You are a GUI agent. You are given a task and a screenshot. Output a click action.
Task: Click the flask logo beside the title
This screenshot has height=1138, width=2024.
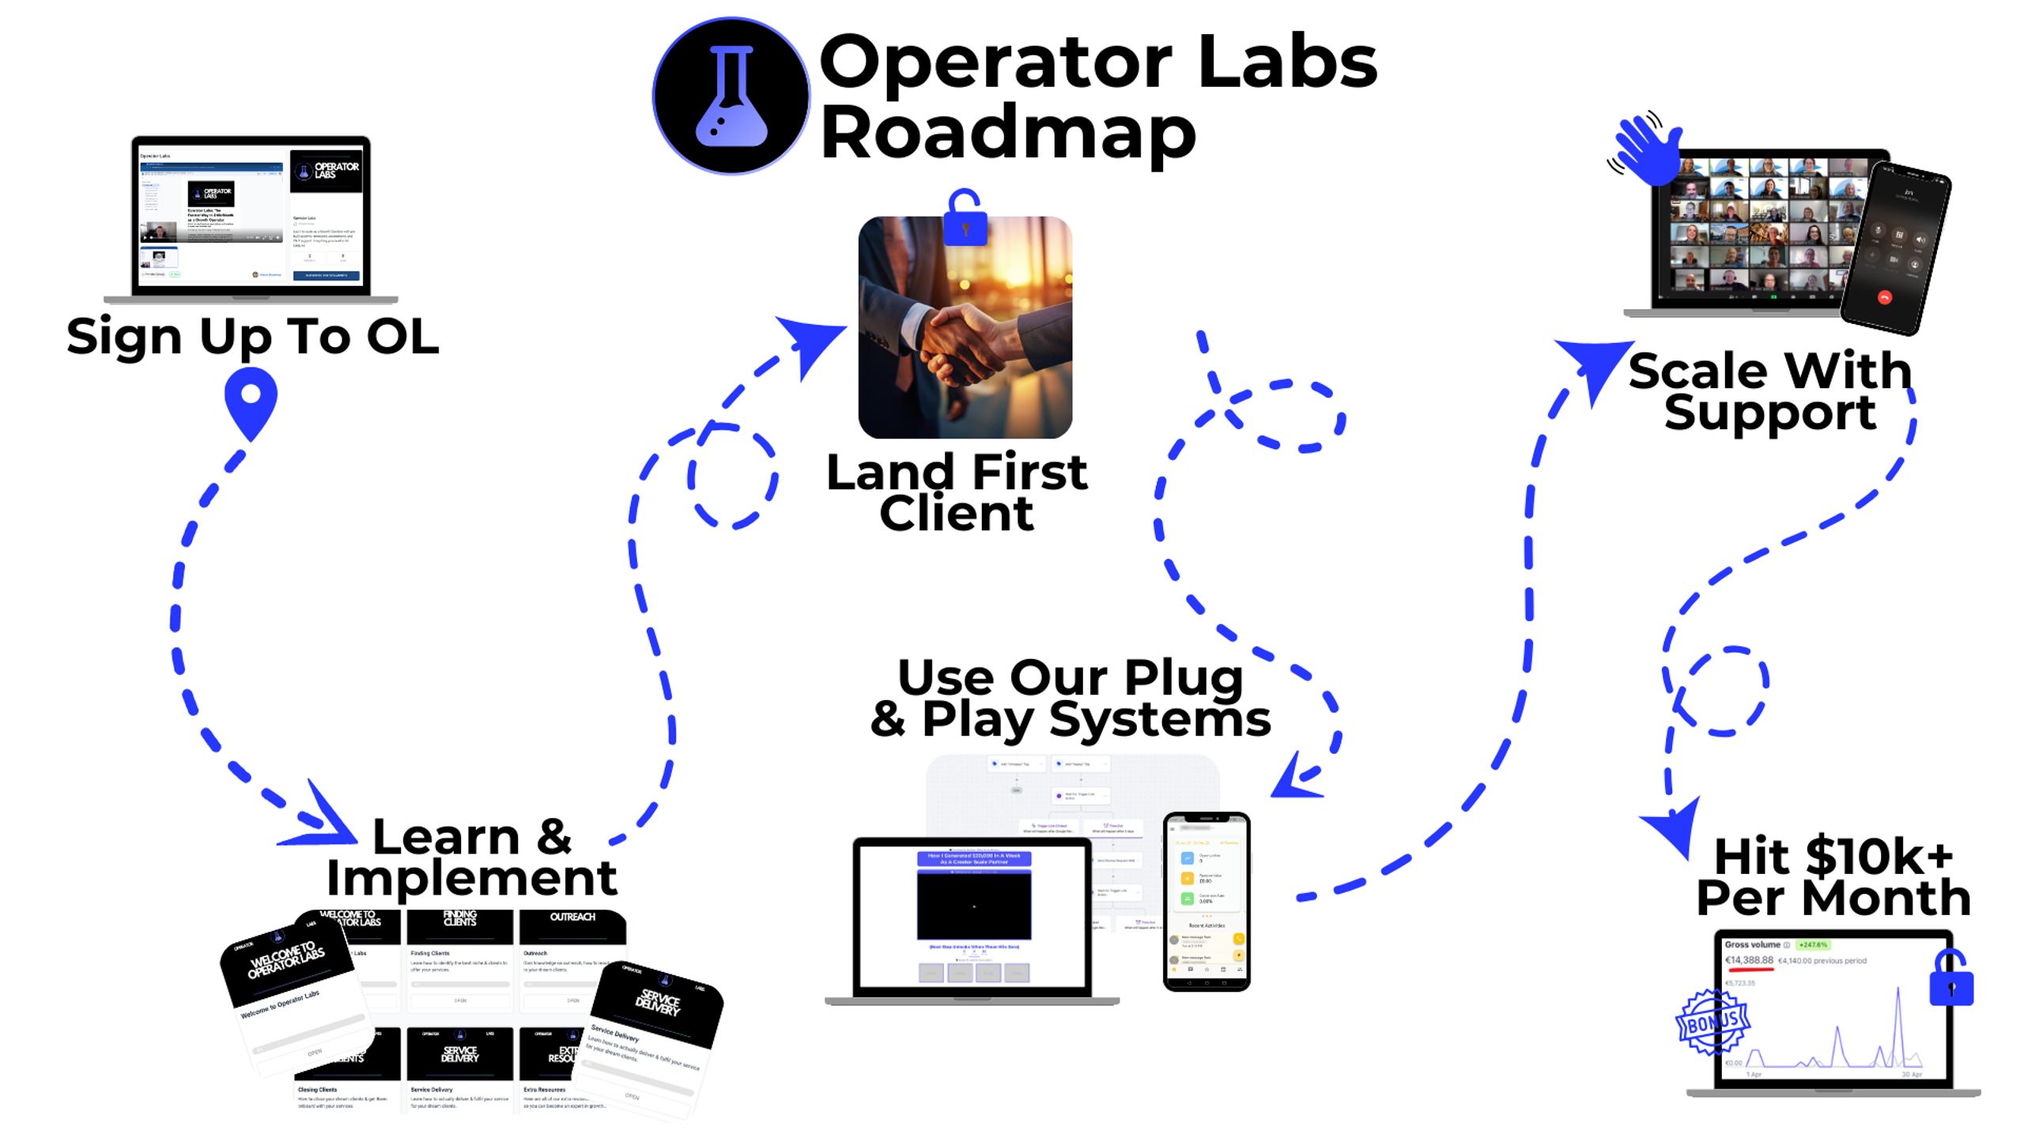click(731, 96)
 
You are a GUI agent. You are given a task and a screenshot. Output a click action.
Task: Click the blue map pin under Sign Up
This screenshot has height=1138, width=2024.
click(251, 402)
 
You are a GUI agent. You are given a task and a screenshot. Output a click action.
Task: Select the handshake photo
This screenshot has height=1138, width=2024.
click(965, 327)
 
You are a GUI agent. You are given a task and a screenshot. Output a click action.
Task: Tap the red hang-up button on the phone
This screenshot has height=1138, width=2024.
click(1884, 298)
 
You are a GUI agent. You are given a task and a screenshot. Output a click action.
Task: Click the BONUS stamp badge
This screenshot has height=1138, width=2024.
click(1712, 1023)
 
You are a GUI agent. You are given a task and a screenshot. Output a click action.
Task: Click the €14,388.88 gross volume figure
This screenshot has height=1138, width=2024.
click(1749, 960)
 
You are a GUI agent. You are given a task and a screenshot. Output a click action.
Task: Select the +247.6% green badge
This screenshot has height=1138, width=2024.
click(1813, 944)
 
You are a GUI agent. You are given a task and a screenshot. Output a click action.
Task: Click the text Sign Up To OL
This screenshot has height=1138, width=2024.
click(252, 337)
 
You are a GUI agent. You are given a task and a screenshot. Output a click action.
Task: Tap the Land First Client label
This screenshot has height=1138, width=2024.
click(957, 492)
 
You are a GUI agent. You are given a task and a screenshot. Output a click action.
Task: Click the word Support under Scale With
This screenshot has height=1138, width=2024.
click(1769, 413)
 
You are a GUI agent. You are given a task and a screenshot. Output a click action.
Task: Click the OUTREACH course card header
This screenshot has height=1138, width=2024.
click(572, 917)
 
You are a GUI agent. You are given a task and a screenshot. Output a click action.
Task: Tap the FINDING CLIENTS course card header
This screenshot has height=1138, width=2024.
click(459, 918)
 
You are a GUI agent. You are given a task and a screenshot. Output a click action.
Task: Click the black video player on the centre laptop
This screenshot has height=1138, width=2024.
click(973, 905)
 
